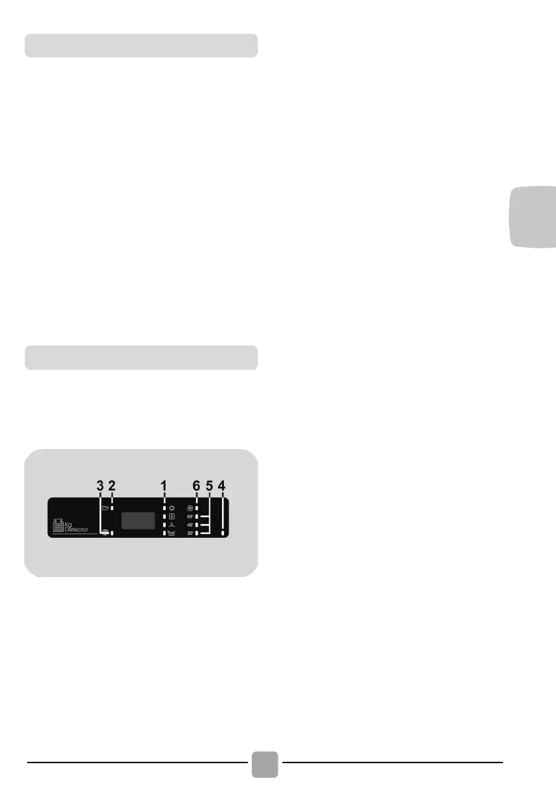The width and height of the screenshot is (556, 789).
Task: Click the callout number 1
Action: point(163,486)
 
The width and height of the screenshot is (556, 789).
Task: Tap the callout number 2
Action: point(112,486)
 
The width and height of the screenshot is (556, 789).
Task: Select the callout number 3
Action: point(100,486)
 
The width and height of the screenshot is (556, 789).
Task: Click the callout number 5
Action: point(209,486)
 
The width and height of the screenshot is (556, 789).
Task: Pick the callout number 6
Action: point(196,486)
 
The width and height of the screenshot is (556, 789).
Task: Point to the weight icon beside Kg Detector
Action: point(58,526)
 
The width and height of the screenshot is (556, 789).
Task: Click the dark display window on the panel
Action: point(138,520)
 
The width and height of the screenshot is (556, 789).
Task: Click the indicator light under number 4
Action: point(222,533)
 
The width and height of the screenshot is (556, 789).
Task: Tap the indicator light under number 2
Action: point(113,508)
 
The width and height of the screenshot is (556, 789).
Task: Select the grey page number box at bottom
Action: point(266,764)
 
